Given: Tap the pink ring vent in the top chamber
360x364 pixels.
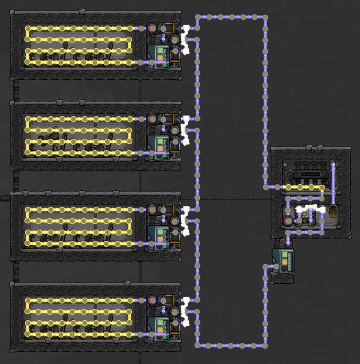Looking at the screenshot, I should [x=151, y=29].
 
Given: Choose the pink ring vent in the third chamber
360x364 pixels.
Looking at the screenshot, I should [x=151, y=209].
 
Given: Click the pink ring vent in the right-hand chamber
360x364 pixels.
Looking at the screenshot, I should [x=287, y=220].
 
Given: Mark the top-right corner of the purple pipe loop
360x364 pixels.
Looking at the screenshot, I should [x=265, y=17].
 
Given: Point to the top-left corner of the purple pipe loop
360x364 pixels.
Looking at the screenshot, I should [x=197, y=17].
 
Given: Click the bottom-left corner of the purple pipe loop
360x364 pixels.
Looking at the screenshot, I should [x=197, y=346].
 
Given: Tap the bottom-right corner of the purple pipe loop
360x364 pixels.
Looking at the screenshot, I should [x=265, y=346].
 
